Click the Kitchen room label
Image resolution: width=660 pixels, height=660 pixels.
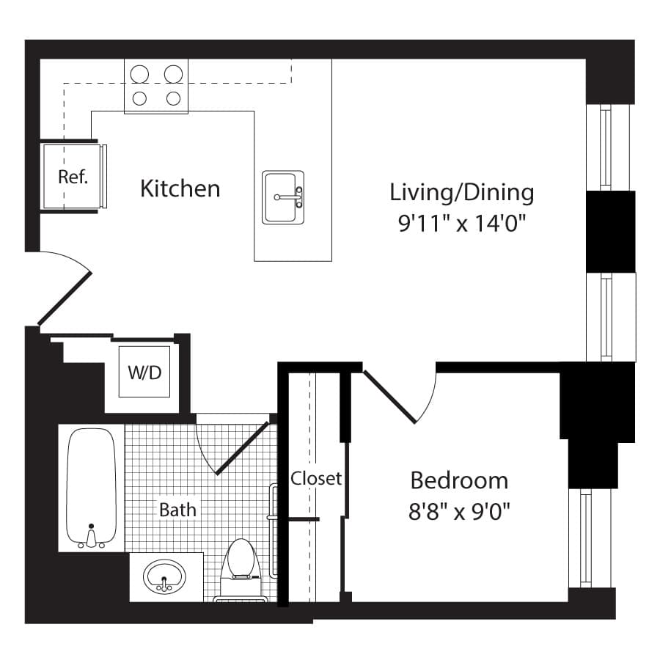[180, 188]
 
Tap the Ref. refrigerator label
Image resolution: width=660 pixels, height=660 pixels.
[73, 177]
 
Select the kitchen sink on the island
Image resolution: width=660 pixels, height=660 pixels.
[283, 197]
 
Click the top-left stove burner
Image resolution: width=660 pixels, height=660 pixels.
[139, 75]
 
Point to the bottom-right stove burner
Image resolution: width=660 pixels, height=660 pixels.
[173, 98]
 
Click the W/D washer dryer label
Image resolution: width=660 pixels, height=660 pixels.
[144, 373]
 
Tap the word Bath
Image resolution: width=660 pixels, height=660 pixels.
[177, 510]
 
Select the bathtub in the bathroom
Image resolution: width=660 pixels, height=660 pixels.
[92, 488]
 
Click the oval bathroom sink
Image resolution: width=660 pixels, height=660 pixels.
[164, 576]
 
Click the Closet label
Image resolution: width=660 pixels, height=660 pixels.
[316, 478]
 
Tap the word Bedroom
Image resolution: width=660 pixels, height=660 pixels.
[459, 480]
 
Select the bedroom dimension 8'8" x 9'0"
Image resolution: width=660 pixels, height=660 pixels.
[459, 512]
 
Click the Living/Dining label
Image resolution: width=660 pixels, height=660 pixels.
[462, 193]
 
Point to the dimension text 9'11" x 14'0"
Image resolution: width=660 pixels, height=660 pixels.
[462, 223]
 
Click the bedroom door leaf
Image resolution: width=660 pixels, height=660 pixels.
[389, 397]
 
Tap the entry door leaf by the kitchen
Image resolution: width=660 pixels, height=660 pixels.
[65, 299]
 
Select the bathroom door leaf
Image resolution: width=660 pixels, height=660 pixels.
[242, 448]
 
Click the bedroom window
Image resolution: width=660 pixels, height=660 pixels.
[585, 538]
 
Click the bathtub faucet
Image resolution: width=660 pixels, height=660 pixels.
[91, 538]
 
